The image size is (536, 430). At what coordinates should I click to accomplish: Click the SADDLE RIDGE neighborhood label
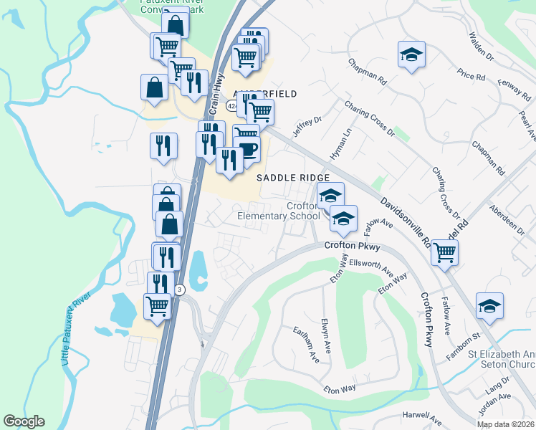click(x=294, y=178)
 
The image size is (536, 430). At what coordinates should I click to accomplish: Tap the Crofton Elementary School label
click(x=279, y=211)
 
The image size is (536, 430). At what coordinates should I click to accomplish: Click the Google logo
click(x=24, y=421)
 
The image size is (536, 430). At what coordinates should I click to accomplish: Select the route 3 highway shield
click(x=180, y=289)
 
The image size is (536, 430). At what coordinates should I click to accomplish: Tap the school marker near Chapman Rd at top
click(x=411, y=54)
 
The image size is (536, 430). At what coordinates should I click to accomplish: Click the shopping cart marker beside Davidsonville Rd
click(x=445, y=252)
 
